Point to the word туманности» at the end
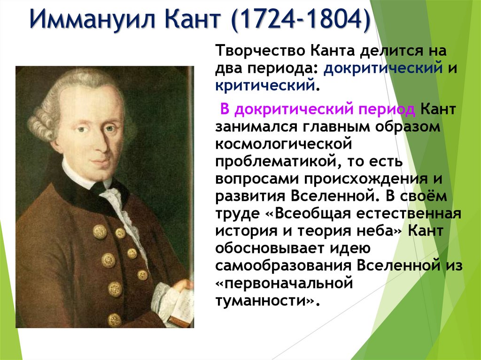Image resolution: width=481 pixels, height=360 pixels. coord(264,300)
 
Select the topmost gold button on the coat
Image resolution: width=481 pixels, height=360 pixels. coord(99,231)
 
